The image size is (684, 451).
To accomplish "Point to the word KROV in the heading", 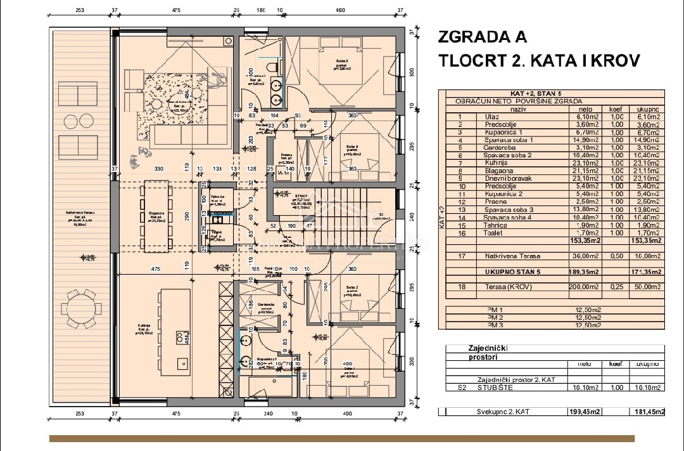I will click(x=613, y=61).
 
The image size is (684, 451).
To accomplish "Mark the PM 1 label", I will click(x=495, y=309).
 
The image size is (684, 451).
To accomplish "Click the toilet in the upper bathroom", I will click(x=271, y=65).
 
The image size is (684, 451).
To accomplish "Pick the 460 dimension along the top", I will click(x=339, y=10).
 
